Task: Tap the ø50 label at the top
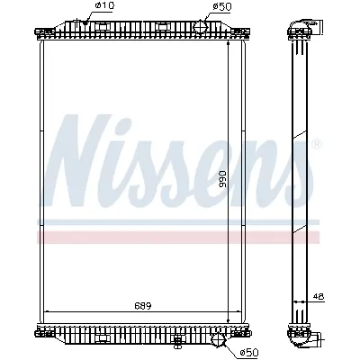click(220, 7)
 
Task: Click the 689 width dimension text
click(143, 306)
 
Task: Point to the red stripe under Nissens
click(180, 237)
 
